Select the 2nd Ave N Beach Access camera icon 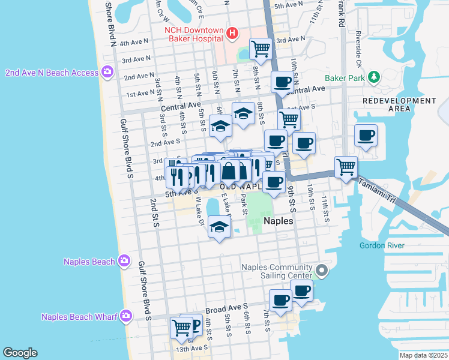click(x=107, y=73)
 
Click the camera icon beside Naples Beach click(x=124, y=261)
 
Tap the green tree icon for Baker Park click(x=375, y=77)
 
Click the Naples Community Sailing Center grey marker click(x=322, y=271)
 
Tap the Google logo click(x=20, y=353)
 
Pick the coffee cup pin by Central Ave click(x=282, y=82)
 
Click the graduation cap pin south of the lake click(x=220, y=228)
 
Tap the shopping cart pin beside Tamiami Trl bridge click(x=346, y=167)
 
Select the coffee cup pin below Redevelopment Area click(x=366, y=135)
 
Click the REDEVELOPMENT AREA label click(x=387, y=104)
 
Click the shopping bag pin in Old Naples click(x=229, y=172)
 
